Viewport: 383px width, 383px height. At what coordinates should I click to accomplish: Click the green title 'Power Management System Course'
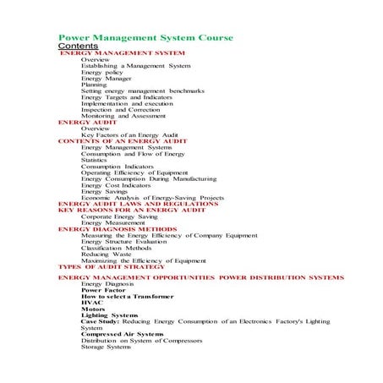(145, 38)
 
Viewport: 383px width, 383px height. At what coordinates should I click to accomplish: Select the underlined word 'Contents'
(78, 47)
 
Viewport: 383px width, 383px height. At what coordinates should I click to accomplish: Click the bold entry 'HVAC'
(90, 303)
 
